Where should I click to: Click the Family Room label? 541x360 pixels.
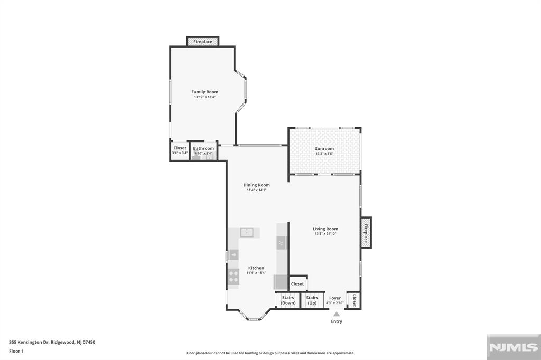pyautogui.click(x=204, y=92)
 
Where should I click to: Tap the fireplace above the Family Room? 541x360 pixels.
pyautogui.click(x=203, y=41)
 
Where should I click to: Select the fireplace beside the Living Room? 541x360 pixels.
pyautogui.click(x=366, y=232)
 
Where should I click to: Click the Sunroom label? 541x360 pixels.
pyautogui.click(x=324, y=149)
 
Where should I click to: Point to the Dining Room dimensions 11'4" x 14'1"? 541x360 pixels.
pyautogui.click(x=257, y=190)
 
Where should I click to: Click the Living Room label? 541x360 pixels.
pyautogui.click(x=325, y=229)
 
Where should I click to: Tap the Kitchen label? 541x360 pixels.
pyautogui.click(x=256, y=268)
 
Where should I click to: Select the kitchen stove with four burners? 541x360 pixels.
pyautogui.click(x=234, y=276)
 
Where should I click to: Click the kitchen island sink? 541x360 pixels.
pyautogui.click(x=247, y=232)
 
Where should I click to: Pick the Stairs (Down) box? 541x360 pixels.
pyautogui.click(x=288, y=300)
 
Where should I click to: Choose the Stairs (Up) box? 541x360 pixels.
pyautogui.click(x=312, y=300)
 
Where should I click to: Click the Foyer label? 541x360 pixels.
pyautogui.click(x=335, y=298)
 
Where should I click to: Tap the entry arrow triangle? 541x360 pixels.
pyautogui.click(x=337, y=314)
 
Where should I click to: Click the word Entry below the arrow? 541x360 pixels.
pyautogui.click(x=337, y=321)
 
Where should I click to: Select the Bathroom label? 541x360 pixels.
pyautogui.click(x=203, y=148)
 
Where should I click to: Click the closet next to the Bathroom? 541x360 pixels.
pyautogui.click(x=180, y=150)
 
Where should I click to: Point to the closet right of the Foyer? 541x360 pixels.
pyautogui.click(x=354, y=300)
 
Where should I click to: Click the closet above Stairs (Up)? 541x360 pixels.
pyautogui.click(x=297, y=283)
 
